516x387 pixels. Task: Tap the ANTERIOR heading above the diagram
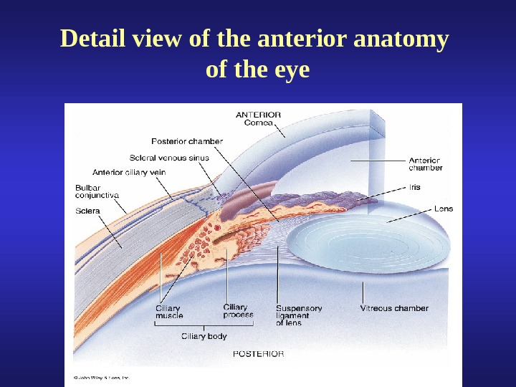point(258,114)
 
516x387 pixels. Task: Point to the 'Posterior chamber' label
point(187,141)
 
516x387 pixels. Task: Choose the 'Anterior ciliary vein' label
point(129,172)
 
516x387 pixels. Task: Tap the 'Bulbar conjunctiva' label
point(97,191)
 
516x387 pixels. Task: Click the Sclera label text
point(87,211)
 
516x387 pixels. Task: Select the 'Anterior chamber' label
point(426,164)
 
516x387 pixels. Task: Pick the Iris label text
point(415,187)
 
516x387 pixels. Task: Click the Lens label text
point(444,209)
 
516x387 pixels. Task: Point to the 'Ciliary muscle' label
point(169,312)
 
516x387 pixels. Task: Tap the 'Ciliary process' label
point(238,311)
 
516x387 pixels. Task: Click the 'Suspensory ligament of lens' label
point(299,315)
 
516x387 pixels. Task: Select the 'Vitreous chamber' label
point(393,308)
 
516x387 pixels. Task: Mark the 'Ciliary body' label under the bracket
point(202,335)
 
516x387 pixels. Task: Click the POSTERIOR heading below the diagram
point(258,353)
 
